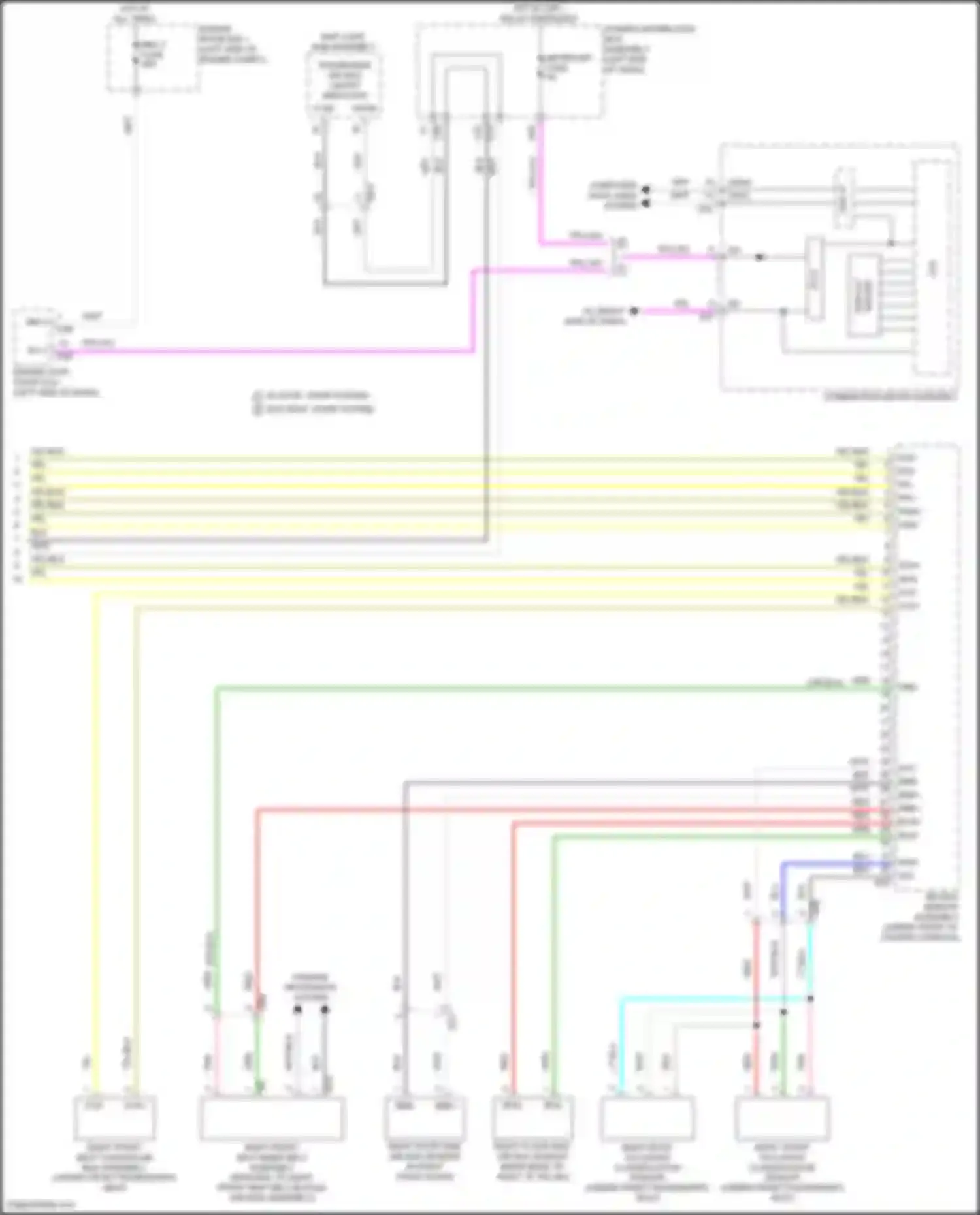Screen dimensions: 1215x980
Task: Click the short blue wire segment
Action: click(830, 864)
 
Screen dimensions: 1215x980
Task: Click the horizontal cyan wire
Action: click(712, 998)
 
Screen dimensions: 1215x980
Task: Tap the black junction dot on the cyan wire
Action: click(810, 998)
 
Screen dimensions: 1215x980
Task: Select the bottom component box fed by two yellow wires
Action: click(116, 1117)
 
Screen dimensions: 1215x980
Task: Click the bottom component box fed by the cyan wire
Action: click(647, 1117)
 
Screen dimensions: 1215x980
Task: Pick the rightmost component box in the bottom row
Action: click(782, 1117)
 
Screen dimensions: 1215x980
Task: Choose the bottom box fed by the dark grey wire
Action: click(425, 1117)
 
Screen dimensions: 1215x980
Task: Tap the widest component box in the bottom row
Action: click(272, 1117)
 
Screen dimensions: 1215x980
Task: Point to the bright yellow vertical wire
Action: click(96, 849)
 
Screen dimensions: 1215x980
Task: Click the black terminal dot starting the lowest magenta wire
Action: click(634, 311)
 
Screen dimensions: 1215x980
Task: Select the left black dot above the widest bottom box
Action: click(297, 1009)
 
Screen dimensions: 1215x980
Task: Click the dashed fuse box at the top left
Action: click(154, 57)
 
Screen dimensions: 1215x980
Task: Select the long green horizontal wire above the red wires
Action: click(523, 687)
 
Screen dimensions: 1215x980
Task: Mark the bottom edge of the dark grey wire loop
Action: click(385, 284)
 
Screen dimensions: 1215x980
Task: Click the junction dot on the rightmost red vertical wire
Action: click(756, 1025)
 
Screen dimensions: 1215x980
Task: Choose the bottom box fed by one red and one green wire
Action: click(532, 1117)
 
